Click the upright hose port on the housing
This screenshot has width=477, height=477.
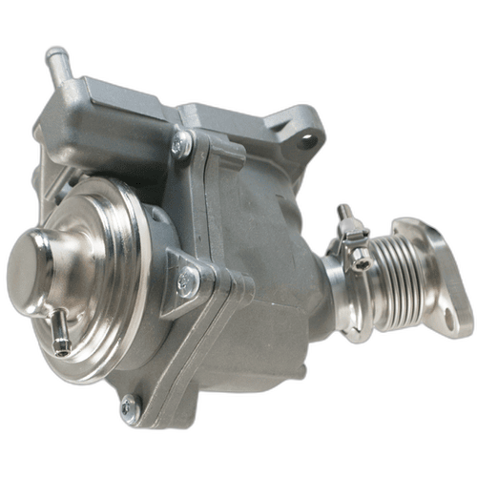(58, 65)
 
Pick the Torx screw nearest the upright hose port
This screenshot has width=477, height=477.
(181, 143)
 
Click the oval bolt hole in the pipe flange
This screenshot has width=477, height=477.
(448, 320)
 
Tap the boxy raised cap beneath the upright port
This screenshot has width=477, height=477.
(81, 105)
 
